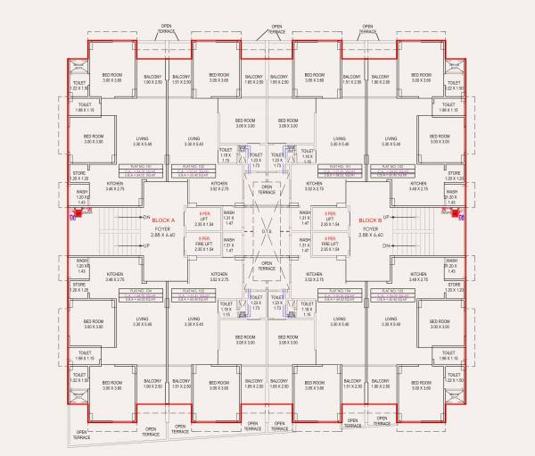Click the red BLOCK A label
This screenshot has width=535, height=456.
click(x=163, y=220)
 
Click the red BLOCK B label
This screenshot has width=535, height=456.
click(x=370, y=220)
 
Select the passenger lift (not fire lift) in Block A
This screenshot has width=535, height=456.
click(x=204, y=218)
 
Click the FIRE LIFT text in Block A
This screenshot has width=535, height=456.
click(x=204, y=244)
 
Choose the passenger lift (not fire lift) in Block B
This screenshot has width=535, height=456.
click(x=329, y=218)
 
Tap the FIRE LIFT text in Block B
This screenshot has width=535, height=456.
click(x=329, y=244)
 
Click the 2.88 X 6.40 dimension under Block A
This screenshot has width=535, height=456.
click(x=163, y=235)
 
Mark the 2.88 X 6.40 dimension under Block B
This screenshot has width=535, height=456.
click(x=370, y=235)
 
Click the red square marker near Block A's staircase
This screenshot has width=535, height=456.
click(x=76, y=214)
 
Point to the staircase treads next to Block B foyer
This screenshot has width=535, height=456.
click(x=426, y=230)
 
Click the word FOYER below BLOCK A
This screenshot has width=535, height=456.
click(x=163, y=228)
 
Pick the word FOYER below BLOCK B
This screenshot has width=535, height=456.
click(x=370, y=228)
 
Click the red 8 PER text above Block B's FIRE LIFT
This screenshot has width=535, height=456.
click(x=329, y=238)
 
